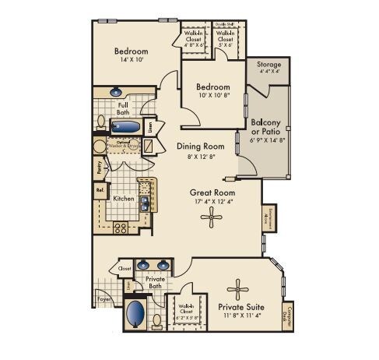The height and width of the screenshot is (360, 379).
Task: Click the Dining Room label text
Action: (x=200, y=146)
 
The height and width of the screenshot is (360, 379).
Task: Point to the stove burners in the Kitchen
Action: (x=121, y=228)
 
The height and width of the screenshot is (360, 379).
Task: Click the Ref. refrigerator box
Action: (x=100, y=189)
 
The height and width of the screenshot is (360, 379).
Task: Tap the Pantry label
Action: (x=99, y=166)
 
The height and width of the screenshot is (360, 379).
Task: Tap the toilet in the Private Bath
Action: (x=156, y=319)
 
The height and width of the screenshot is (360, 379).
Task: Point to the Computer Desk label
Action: (x=290, y=317)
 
